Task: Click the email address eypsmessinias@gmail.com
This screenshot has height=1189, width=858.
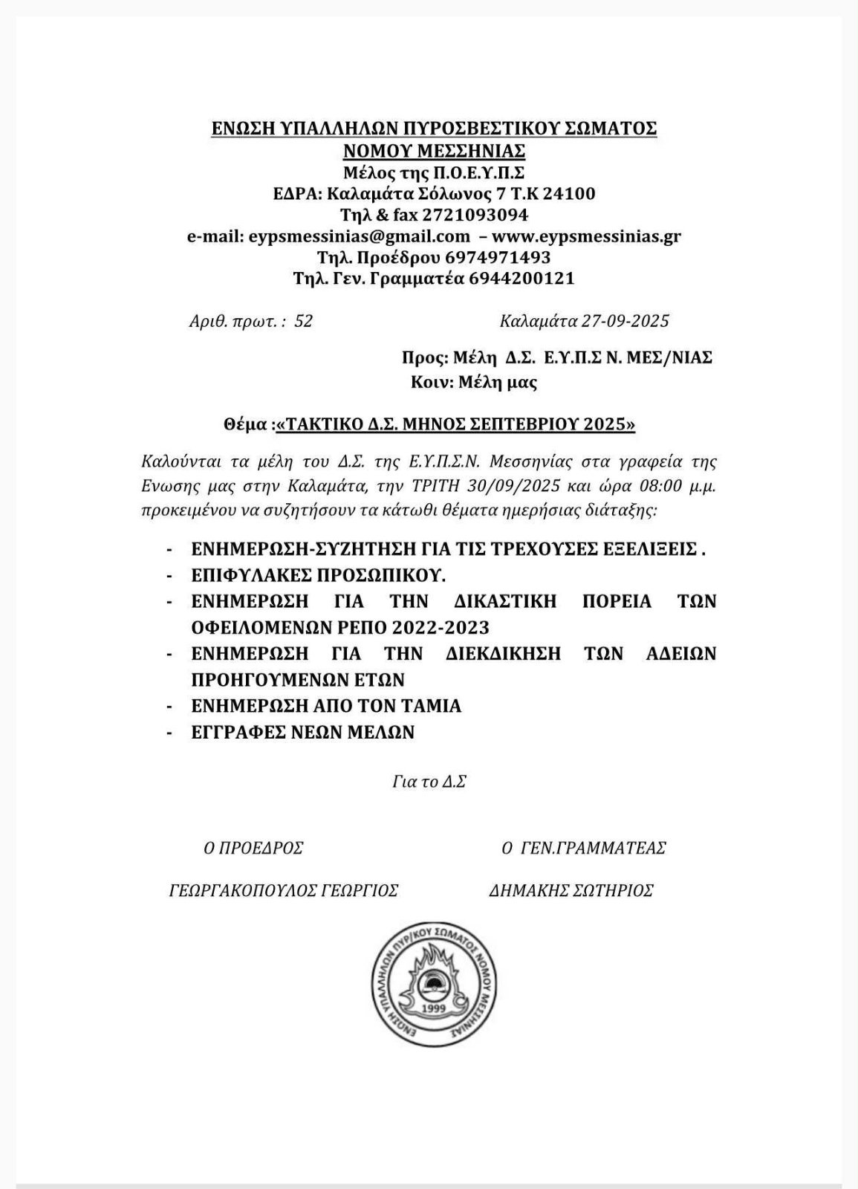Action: tap(359, 236)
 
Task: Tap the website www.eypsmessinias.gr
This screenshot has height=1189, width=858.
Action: tap(586, 236)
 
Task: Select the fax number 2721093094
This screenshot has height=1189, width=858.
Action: tap(475, 215)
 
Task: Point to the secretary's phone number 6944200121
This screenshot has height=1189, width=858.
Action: tap(522, 279)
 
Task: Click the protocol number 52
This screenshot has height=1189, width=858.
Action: tap(303, 321)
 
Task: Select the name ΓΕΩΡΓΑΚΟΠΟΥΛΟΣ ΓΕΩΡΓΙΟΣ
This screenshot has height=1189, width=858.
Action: tap(284, 890)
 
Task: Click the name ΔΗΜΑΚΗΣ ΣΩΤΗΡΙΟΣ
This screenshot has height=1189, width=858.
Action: tap(571, 890)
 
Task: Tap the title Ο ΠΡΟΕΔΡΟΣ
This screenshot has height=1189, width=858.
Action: tap(253, 848)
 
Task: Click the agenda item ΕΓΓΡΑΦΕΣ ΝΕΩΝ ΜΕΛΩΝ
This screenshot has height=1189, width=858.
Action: tap(302, 732)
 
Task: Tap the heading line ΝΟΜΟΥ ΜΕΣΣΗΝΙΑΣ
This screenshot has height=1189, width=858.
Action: tap(435, 151)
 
